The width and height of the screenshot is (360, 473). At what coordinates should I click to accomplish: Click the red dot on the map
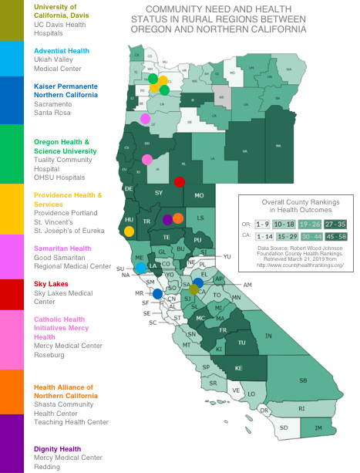click(179, 182)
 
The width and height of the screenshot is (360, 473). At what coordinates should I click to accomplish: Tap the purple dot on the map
click(168, 219)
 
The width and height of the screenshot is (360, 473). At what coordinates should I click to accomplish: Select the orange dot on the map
click(178, 218)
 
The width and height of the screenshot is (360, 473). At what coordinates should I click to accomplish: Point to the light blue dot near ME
click(141, 267)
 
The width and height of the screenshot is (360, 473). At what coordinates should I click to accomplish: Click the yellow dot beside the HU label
click(129, 231)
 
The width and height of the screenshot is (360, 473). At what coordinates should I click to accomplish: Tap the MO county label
click(199, 196)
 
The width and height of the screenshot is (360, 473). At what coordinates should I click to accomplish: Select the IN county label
click(268, 337)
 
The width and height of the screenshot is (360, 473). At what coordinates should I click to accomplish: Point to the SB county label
click(303, 380)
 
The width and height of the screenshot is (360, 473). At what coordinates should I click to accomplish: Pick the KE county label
click(239, 367)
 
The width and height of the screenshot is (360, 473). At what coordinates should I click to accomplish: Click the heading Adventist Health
click(62, 51)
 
